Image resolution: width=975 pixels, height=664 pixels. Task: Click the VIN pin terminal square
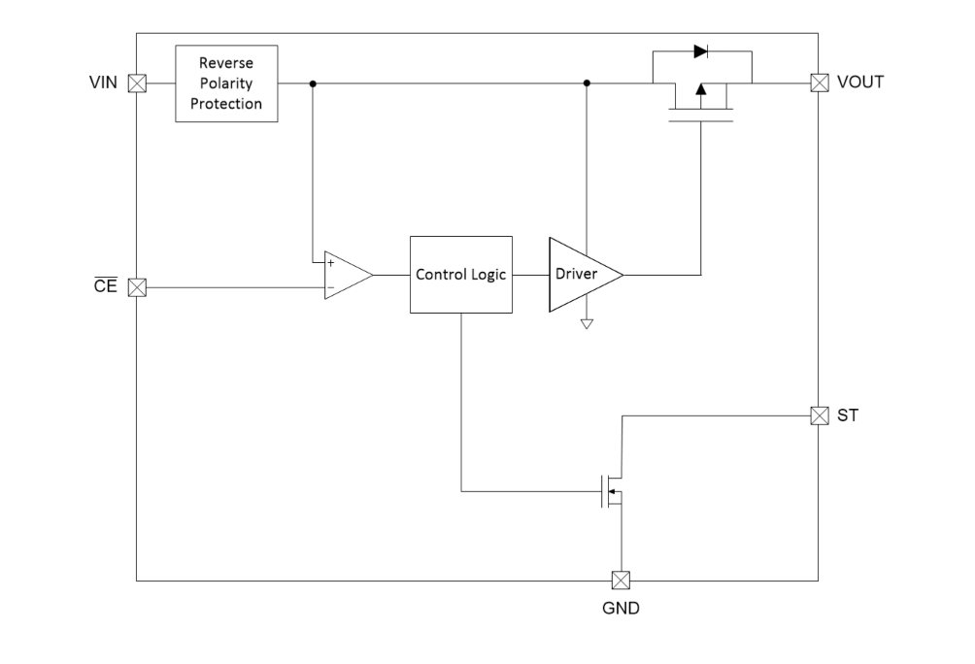[x=138, y=83]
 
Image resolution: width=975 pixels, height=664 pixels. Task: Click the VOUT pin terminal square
[x=819, y=83]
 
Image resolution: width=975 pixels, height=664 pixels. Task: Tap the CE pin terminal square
[x=138, y=287]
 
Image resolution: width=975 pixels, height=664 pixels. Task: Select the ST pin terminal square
[x=819, y=415]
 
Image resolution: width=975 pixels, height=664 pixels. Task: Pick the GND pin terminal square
[x=621, y=581]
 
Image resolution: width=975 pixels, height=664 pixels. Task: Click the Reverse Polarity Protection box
[x=226, y=83]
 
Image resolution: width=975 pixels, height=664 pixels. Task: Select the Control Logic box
[x=461, y=275]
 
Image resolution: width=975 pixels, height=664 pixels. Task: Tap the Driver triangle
[x=581, y=275]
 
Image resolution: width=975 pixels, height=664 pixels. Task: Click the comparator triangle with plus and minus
[x=345, y=276]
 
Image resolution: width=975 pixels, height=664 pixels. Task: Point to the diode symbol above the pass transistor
[x=700, y=51]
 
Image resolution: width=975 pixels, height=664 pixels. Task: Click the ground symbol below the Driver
[x=587, y=323]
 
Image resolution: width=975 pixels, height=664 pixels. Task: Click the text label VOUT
[x=860, y=83]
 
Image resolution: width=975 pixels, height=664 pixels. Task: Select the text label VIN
[x=103, y=83]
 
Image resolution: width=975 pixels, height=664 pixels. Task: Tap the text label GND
[x=622, y=610]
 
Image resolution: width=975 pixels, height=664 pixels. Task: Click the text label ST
[x=848, y=415]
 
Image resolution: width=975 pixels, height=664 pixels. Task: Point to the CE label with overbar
[x=106, y=287]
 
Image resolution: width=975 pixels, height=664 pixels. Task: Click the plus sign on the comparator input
[x=331, y=263]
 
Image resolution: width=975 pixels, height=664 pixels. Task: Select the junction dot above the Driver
[x=587, y=83]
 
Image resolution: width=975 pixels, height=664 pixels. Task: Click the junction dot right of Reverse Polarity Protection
[x=312, y=83]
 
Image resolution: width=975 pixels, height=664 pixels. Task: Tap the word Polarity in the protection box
[x=226, y=83]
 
